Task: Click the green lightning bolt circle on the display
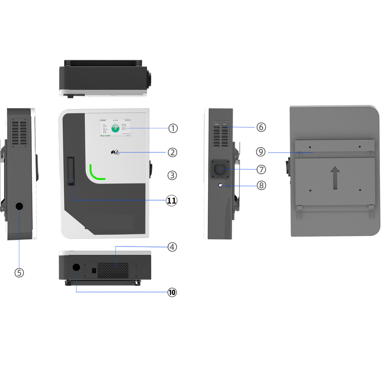click(x=116, y=129)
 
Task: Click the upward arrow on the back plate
click(x=335, y=178)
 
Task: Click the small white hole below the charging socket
click(x=220, y=185)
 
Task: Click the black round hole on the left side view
click(x=19, y=206)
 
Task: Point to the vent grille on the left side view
click(x=19, y=132)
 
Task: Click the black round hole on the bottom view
click(x=76, y=267)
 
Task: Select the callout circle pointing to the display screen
click(x=173, y=128)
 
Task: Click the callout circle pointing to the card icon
click(x=173, y=152)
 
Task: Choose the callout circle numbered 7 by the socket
click(x=261, y=168)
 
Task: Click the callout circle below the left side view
click(x=19, y=273)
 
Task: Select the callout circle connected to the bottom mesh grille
click(x=173, y=247)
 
